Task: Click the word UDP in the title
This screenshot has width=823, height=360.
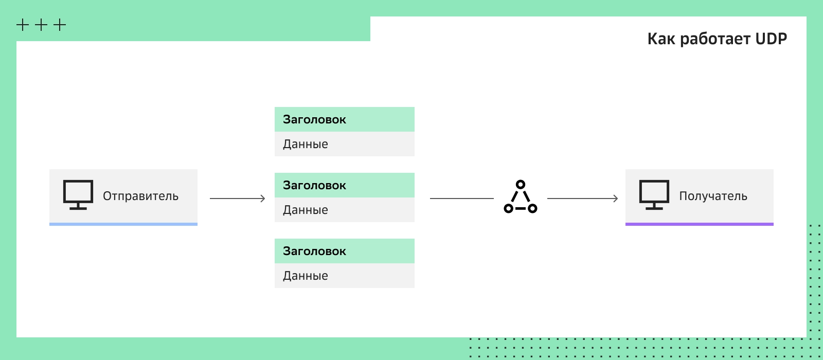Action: tap(771, 39)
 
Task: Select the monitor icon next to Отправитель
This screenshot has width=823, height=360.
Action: tap(78, 195)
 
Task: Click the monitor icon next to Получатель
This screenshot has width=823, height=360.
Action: tap(654, 195)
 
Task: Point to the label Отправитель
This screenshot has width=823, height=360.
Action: tap(141, 196)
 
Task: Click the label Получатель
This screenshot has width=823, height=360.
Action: tap(713, 196)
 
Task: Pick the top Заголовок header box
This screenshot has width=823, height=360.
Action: tap(344, 119)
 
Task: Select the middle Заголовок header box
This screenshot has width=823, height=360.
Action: tap(344, 185)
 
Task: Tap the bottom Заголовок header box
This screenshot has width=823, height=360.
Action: tap(344, 251)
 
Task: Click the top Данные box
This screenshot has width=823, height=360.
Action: tap(344, 144)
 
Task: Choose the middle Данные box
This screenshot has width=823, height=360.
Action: tap(344, 210)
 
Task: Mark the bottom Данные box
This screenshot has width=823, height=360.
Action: tap(344, 276)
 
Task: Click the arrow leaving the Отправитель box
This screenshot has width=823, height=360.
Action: tap(237, 199)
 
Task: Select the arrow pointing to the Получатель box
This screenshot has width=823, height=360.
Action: tap(583, 199)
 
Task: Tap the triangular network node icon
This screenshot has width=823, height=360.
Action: tap(520, 197)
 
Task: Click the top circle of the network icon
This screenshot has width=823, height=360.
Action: tap(520, 184)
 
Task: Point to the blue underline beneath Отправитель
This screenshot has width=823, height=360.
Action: tap(123, 224)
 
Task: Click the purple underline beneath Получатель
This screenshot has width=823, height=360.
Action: tap(700, 224)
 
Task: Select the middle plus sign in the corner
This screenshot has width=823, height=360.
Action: tap(41, 25)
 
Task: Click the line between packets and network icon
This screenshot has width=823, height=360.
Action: tap(462, 199)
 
